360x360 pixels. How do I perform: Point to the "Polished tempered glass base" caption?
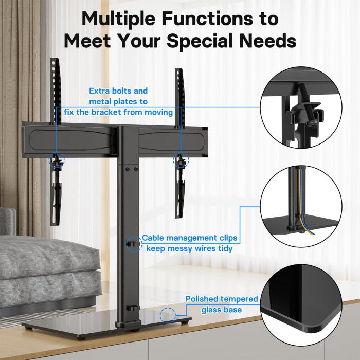click(222, 304)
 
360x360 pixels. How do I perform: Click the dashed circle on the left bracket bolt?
click(57, 160)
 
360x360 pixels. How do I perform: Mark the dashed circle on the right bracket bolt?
click(181, 160)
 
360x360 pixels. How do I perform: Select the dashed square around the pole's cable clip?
click(134, 243)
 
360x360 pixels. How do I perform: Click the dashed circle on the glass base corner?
click(168, 315)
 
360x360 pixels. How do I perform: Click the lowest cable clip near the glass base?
click(133, 309)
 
